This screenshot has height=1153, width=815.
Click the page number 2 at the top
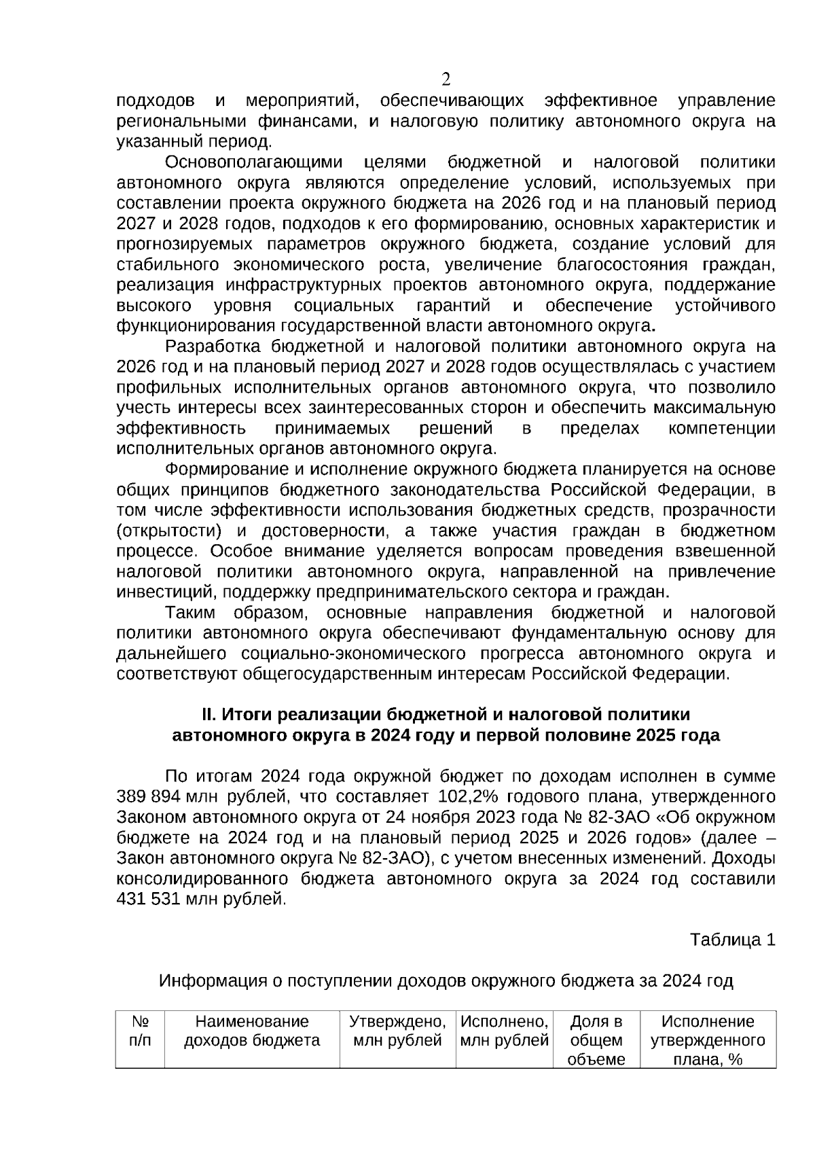[x=446, y=79]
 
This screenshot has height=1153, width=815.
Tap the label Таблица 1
[x=732, y=940]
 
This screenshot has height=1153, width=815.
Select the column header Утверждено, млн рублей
[x=397, y=1031]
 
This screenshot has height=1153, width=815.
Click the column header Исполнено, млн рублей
[x=504, y=1031]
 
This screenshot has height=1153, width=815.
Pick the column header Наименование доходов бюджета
[x=252, y=1031]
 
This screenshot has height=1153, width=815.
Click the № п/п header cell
[x=140, y=1031]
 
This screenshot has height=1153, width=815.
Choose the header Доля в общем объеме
[x=596, y=1040]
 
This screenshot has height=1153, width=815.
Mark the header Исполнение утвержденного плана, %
[x=708, y=1040]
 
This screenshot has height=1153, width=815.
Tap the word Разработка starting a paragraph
[x=213, y=347]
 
